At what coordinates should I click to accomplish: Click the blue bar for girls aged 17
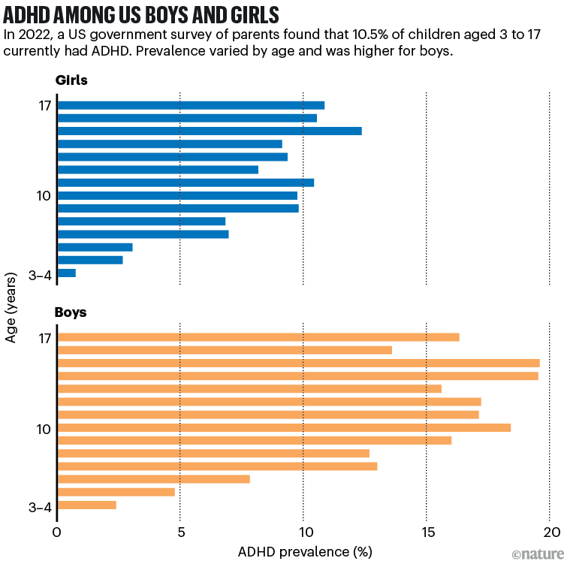coord(191,105)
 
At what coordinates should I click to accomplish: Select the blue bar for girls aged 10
coord(177,195)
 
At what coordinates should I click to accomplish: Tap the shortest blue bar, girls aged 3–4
coord(66,273)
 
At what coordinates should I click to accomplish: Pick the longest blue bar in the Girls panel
coord(210,131)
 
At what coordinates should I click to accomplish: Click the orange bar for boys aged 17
coord(258,337)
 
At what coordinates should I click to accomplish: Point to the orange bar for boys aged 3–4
coord(87,505)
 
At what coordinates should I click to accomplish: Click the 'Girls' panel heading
coord(71,81)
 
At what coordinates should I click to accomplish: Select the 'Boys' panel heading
coord(71,312)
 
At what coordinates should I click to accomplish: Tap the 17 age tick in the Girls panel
coord(44,105)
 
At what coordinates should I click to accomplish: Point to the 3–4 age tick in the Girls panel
coord(39,275)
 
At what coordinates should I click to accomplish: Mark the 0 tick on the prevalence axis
coord(57,532)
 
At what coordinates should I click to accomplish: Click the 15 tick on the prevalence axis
coord(427,532)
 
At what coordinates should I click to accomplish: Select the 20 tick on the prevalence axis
coord(549,532)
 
